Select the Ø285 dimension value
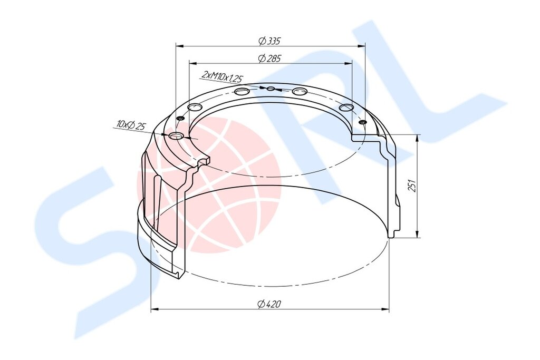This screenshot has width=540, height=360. coord(269,59)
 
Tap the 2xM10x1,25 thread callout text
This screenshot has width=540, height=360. coord(223,77)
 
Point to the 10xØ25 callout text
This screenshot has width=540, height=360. coord(131,125)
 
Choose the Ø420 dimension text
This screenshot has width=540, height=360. coord(269,304)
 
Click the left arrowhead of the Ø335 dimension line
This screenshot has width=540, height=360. coord(179,46)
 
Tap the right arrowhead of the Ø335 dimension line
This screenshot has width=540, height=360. coord(362,46)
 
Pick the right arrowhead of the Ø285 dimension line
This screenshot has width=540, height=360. coord(349,63)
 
